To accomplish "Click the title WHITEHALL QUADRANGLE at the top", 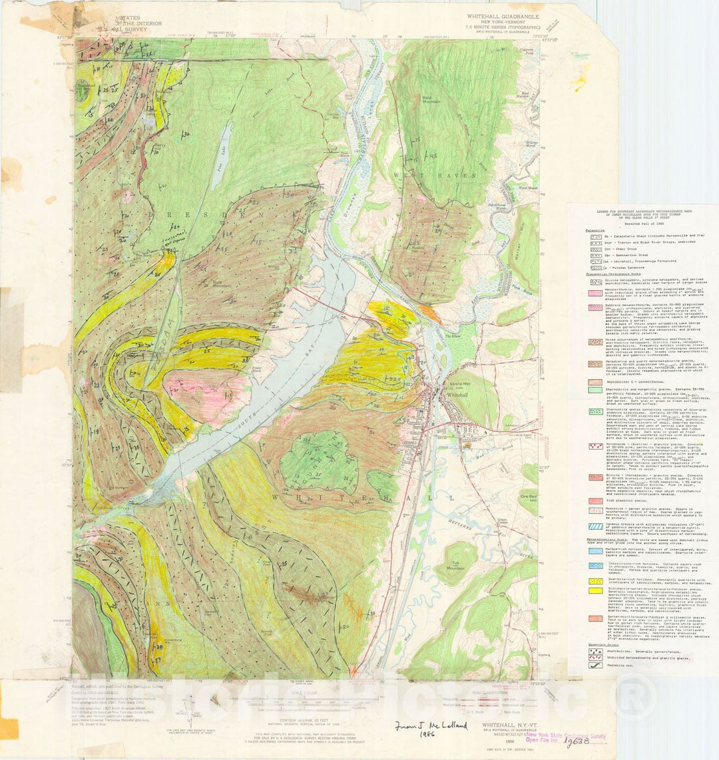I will point(502,17).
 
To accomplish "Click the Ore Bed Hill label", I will point(529,498).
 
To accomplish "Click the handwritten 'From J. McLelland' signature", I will point(416,727).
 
